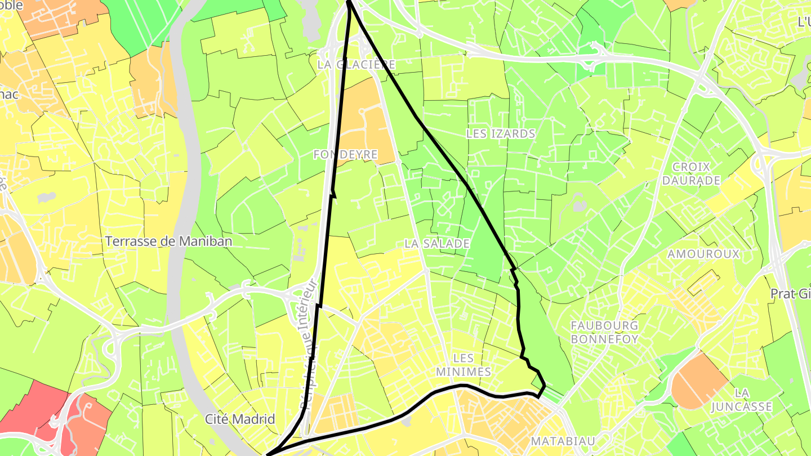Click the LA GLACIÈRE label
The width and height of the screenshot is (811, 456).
click(357, 64)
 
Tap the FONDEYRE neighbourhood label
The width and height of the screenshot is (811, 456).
click(345, 154)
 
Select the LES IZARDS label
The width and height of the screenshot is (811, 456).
click(501, 134)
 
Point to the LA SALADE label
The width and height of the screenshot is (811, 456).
click(437, 244)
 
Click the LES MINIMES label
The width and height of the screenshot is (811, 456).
click(464, 365)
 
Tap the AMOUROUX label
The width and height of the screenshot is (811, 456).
click(703, 254)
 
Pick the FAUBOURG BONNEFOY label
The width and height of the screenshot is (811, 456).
click(604, 332)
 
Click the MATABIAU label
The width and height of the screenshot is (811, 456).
click(563, 441)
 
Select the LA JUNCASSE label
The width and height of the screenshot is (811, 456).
click(741, 399)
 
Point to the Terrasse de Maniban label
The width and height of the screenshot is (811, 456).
click(169, 242)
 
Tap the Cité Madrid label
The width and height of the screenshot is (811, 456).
click(240, 419)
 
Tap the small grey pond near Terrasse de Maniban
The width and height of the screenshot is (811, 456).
click(47, 198)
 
